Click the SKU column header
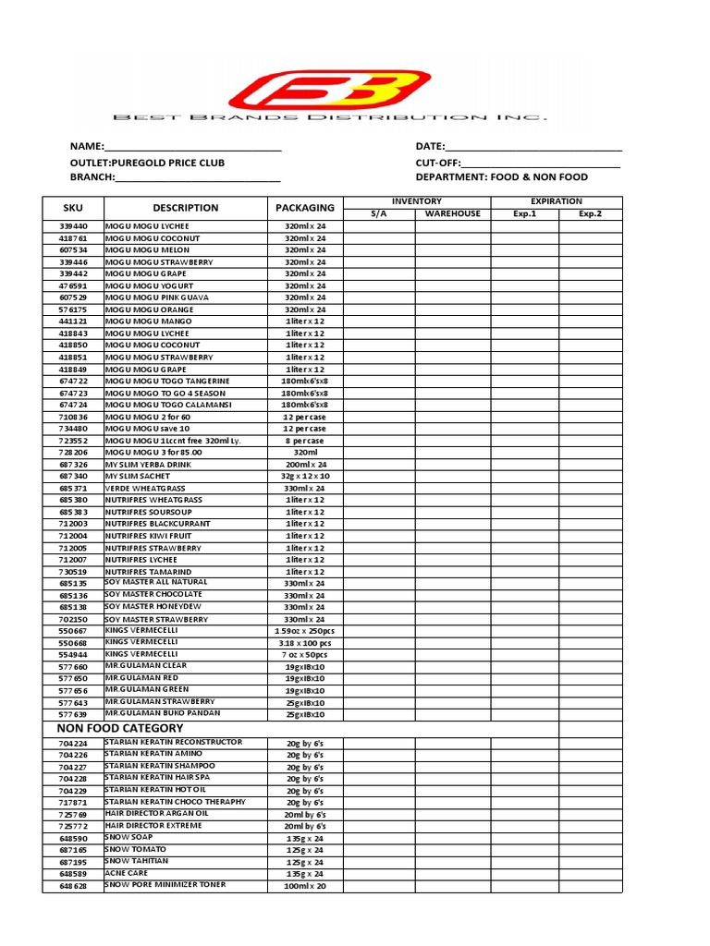[x=73, y=209]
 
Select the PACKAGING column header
[x=305, y=209]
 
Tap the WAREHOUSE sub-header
[x=452, y=214]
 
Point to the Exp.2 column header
[x=590, y=214]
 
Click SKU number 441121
[x=73, y=321]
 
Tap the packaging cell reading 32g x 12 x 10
[x=305, y=476]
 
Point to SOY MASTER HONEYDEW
[x=156, y=607]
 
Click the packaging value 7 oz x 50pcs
[x=305, y=655]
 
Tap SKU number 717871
[x=73, y=803]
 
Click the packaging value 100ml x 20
[x=305, y=886]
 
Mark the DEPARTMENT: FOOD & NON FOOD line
[x=501, y=177]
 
